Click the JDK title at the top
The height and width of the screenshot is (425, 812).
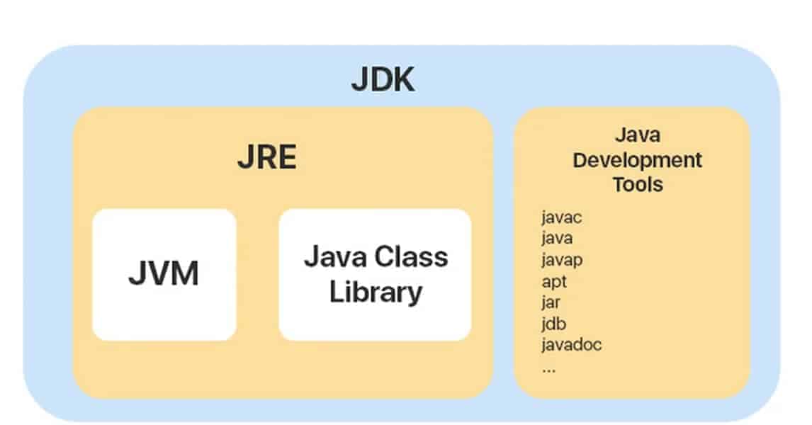click(x=383, y=81)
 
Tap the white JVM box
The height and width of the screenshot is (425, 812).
click(x=164, y=273)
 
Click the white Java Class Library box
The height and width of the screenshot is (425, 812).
click(x=375, y=273)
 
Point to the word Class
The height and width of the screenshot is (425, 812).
click(x=411, y=256)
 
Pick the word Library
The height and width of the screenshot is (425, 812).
click(x=376, y=291)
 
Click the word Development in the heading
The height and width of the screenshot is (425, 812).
click(x=637, y=159)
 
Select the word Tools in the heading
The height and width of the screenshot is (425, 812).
click(x=638, y=184)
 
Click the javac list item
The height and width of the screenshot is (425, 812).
click(x=561, y=217)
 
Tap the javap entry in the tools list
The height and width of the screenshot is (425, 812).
click(x=562, y=260)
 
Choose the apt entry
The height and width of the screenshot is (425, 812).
click(x=553, y=281)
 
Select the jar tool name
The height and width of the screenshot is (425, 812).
click(x=551, y=302)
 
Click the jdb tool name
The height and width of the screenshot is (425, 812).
click(x=553, y=324)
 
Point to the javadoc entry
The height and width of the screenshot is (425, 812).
click(x=571, y=345)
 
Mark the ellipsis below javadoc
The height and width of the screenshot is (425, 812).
click(x=548, y=368)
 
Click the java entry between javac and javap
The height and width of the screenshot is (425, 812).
click(x=557, y=239)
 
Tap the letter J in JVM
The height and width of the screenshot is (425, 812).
click(x=136, y=273)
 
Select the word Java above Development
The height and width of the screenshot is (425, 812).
click(x=637, y=135)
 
